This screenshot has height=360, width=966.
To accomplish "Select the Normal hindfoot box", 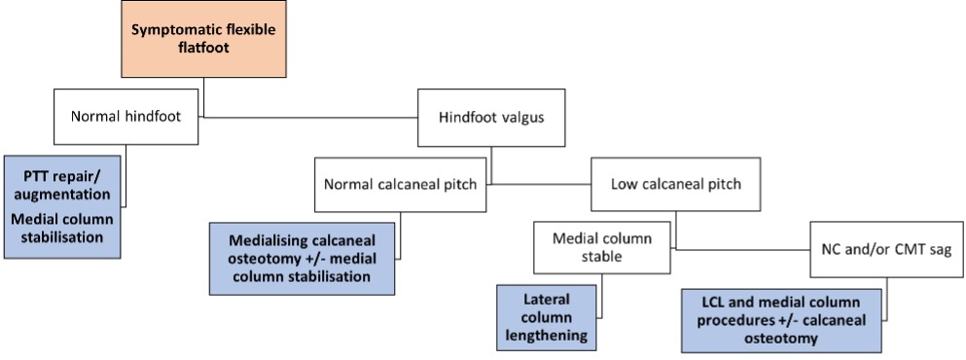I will [123, 117].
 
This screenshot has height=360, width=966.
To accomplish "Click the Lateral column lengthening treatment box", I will [546, 316].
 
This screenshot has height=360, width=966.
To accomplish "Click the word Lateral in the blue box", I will [547, 299].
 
